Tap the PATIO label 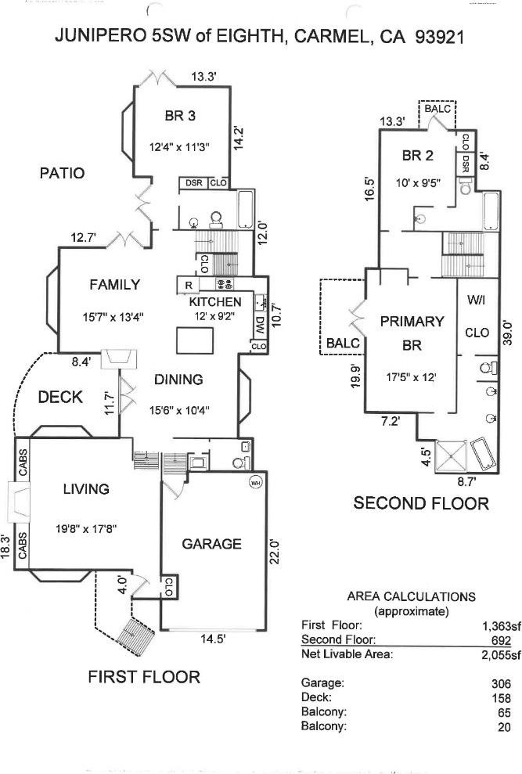pos(62,173)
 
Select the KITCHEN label pos(215,302)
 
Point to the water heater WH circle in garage pos(255,481)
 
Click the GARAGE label pos(212,544)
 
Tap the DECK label pos(60,398)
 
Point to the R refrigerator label pos(189,284)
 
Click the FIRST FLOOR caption pos(144,676)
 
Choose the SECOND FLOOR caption pos(421,502)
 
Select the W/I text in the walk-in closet pos(477,301)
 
